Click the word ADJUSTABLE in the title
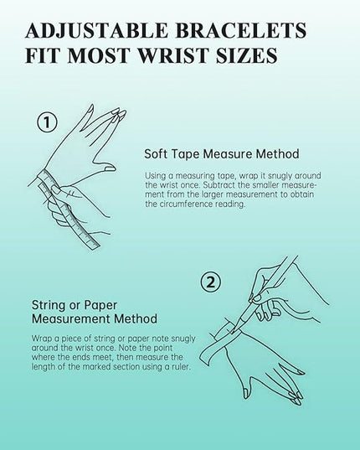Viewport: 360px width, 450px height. (96, 30)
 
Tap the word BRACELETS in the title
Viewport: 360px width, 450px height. (241, 30)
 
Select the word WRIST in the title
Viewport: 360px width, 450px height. (172, 55)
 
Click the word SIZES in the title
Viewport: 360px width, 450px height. (246, 55)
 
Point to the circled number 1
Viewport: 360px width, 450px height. (47, 122)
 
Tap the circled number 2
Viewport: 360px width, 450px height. (211, 282)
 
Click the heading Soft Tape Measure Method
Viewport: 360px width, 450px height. (222, 154)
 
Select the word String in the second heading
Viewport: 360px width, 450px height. (48, 305)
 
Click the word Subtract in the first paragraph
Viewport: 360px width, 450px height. (226, 185)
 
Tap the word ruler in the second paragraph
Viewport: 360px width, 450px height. (182, 367)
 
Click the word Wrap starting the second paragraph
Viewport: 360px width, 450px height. (41, 339)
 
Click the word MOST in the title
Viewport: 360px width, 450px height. (99, 55)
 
